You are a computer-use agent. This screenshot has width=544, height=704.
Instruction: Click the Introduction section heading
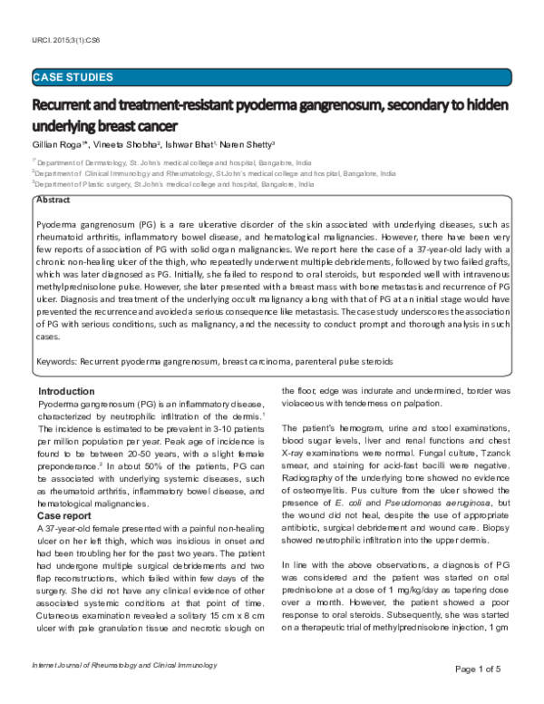[69, 391]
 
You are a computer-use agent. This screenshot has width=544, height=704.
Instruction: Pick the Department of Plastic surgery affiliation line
[172, 183]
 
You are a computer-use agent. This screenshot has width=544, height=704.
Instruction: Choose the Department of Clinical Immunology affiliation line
[213, 172]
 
